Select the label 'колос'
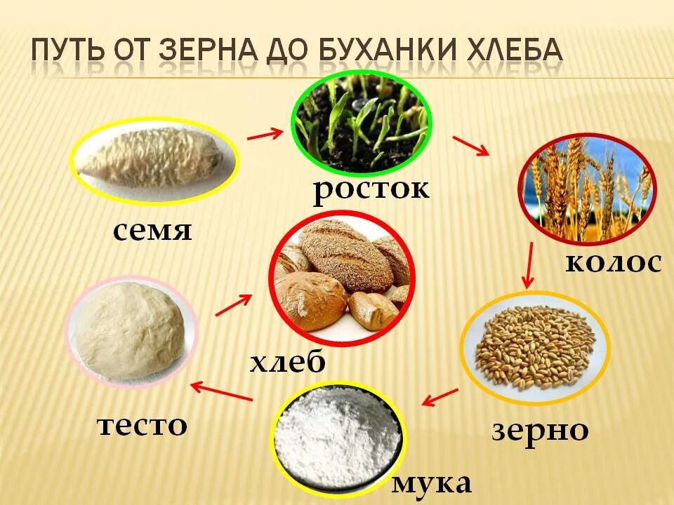pyautogui.click(x=613, y=262)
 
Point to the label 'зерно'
pyautogui.click(x=539, y=430)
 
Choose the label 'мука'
pyautogui.click(x=431, y=483)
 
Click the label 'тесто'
pyautogui.click(x=142, y=424)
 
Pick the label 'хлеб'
pyautogui.click(x=288, y=363)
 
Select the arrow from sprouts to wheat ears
pyautogui.click(x=470, y=145)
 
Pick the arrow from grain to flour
pyautogui.click(x=440, y=397)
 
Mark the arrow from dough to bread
pyautogui.click(x=233, y=305)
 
